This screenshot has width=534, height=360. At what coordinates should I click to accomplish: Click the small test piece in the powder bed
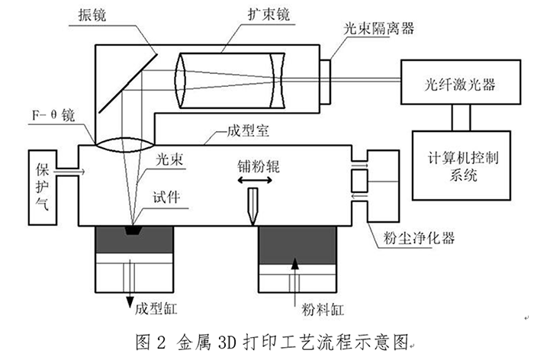[134, 230]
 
